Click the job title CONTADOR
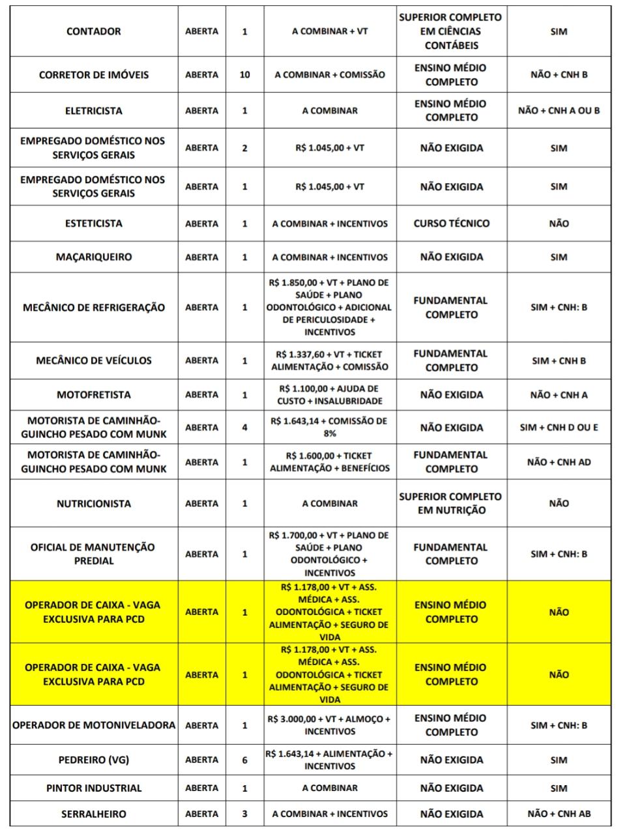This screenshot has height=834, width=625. [x=93, y=31]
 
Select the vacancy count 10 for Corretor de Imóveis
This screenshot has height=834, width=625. [x=244, y=74]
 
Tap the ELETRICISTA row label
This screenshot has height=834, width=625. [x=93, y=111]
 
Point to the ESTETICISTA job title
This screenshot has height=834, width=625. [x=93, y=223]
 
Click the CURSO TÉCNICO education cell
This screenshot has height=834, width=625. [x=451, y=223]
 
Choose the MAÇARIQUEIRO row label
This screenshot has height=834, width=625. [x=93, y=257]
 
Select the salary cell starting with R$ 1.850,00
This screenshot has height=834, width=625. [x=329, y=308]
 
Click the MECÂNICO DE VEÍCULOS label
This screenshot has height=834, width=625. [x=93, y=360]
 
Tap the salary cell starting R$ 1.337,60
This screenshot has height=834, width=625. [x=329, y=360]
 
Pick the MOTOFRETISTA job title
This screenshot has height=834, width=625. [x=93, y=395]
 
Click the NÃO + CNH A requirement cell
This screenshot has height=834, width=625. [x=559, y=395]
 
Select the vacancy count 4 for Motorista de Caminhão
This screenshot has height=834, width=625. [x=244, y=427]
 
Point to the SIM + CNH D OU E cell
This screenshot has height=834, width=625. [x=559, y=427]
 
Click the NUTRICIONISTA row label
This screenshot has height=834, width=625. [x=93, y=504]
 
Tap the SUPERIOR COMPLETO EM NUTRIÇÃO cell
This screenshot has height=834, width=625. [x=451, y=504]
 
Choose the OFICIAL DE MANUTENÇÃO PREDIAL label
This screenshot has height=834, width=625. [x=93, y=554]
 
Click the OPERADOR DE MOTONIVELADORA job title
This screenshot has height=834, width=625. [x=93, y=725]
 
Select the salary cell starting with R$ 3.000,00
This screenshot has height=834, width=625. [x=329, y=725]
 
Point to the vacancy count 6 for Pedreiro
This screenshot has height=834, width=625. [x=244, y=760]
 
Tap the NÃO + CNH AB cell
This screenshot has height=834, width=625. [x=559, y=814]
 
